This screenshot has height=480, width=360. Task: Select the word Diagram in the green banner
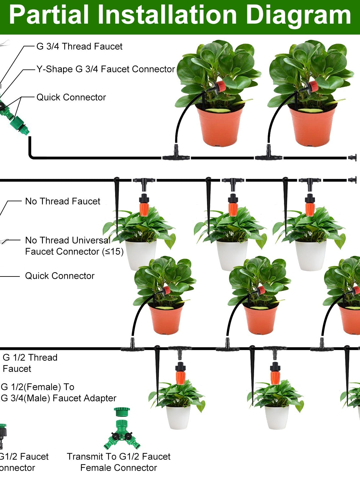pos(298,15)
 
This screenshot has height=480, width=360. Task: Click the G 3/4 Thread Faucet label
pos(79,46)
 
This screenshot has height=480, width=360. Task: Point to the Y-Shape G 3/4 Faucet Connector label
pos(106,69)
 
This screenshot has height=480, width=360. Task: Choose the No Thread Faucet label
pos(63,201)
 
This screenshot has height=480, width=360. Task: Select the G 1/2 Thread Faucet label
pos(30,363)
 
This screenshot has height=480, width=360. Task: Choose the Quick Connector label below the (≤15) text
pos(60,276)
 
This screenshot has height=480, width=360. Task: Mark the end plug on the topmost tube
pos(352,157)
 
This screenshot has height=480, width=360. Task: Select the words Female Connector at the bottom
pos(118,468)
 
